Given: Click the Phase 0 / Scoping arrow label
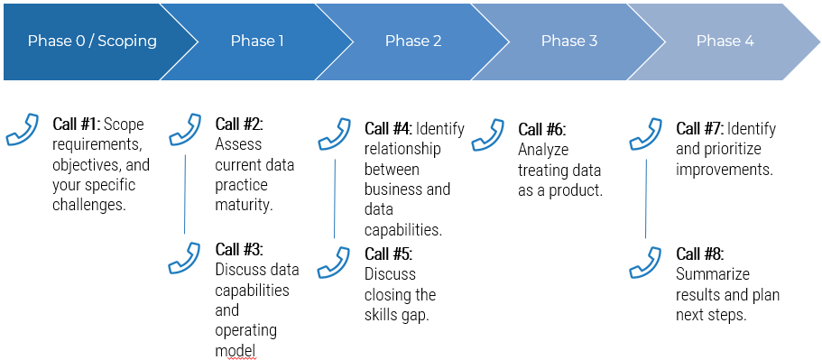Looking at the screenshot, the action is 92,41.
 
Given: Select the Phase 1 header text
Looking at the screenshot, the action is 257,41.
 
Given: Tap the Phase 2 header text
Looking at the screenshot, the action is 413,41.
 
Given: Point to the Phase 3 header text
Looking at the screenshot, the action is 569,41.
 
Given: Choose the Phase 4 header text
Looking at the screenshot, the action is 725,41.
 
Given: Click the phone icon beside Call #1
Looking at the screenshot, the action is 22,129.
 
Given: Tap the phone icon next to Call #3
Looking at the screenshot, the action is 185,258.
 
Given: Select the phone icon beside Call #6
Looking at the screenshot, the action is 488,134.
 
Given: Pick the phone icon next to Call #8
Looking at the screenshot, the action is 645,263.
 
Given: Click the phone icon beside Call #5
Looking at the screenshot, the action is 334,263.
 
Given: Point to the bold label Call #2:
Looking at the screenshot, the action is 239,125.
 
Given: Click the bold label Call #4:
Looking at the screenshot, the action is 389,129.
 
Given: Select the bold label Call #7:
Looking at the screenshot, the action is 700,129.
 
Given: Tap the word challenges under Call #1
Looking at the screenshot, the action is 89,205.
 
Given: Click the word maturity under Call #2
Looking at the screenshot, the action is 245,205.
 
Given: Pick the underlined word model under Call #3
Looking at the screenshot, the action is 236,351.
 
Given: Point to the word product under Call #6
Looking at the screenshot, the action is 576,191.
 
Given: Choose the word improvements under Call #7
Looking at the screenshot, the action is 725,171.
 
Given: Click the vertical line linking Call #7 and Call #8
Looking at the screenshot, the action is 645,199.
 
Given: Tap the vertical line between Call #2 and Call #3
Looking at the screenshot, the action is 185,194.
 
